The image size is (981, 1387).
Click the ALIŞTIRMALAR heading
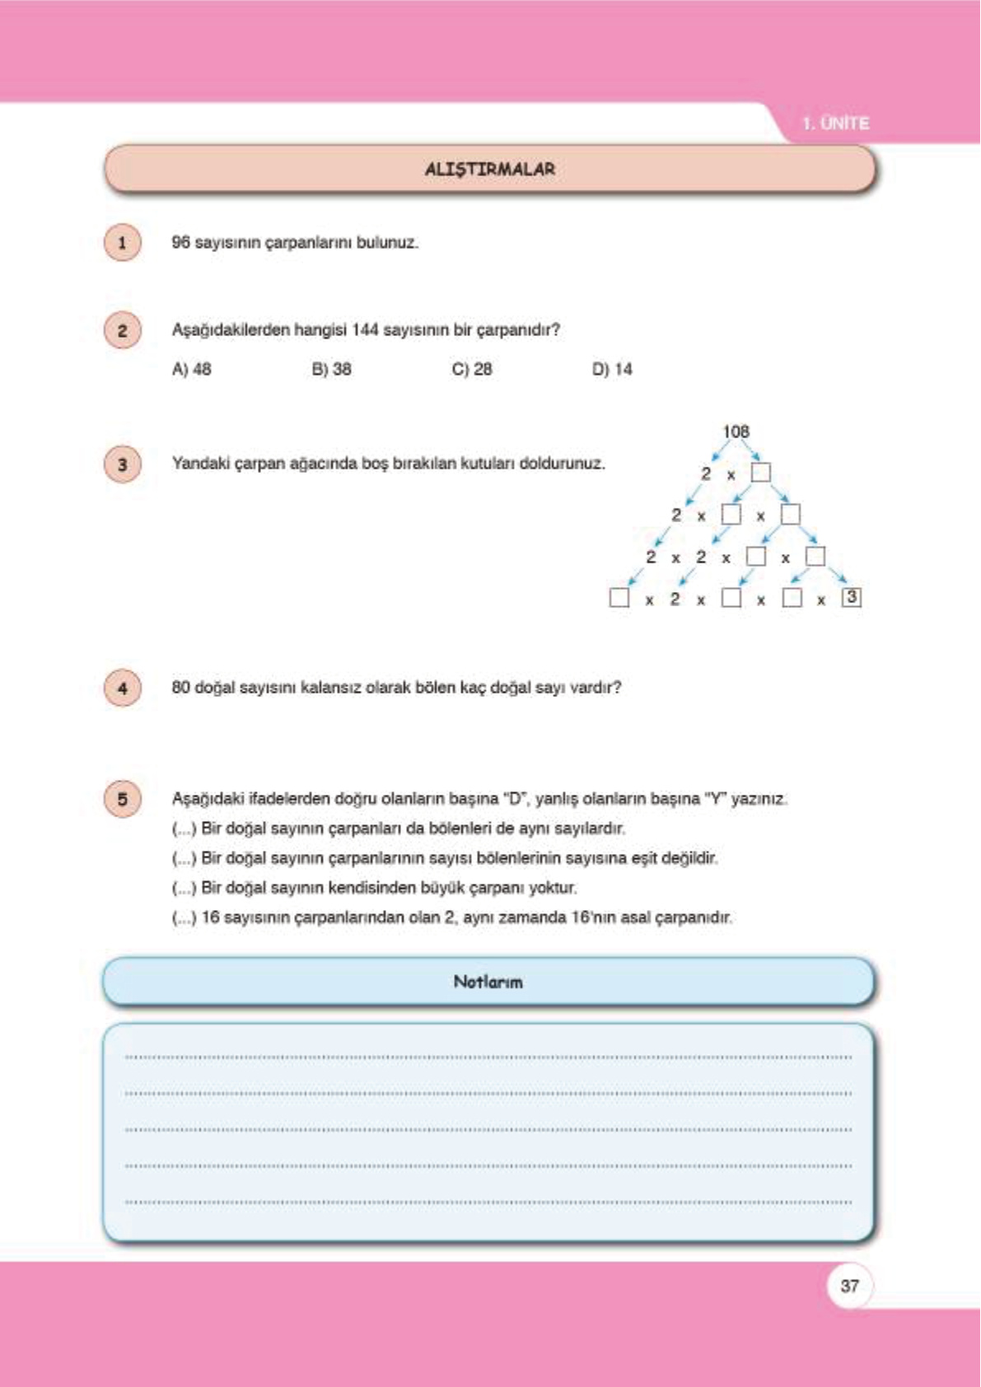point(489,169)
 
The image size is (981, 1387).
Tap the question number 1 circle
point(123,243)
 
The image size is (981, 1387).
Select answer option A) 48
point(191,369)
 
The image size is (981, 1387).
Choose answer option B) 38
point(331,369)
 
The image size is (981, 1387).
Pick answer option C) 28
point(471,369)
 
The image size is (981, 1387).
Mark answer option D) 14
point(611,369)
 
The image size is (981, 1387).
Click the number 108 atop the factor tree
point(736,432)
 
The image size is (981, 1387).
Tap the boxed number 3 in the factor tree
point(852,597)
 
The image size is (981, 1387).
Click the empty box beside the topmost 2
point(761,473)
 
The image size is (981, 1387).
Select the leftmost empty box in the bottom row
point(619,598)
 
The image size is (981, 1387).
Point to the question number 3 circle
point(123,465)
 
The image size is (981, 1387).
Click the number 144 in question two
point(365,330)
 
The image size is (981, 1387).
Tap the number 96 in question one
point(180,243)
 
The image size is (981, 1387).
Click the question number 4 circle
point(123,688)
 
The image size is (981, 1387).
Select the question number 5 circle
point(123,799)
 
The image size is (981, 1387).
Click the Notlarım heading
point(488,982)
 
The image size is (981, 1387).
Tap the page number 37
point(849,1286)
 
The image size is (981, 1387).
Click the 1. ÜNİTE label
point(835,124)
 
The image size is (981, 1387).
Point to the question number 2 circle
point(123,330)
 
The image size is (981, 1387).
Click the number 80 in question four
point(180,688)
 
